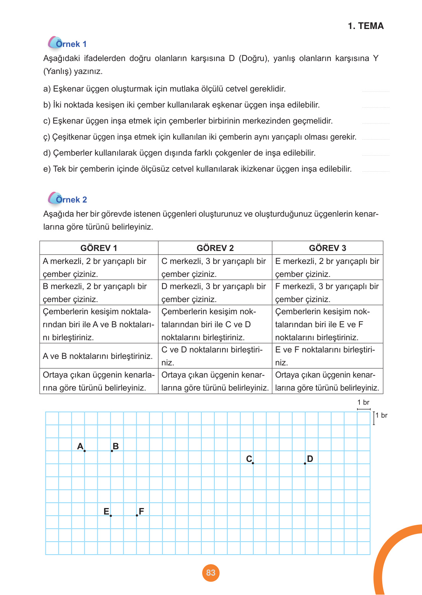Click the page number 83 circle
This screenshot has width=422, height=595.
211,572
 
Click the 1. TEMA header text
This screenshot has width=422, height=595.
366,26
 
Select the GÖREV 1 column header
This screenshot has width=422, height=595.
98,248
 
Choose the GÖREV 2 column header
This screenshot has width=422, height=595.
215,248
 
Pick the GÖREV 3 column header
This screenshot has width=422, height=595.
327,248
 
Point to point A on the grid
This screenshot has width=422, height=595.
84,451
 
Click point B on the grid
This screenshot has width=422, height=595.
112,451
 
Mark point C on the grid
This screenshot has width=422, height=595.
253,463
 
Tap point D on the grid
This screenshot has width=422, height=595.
305,463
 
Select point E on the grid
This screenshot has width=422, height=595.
111,516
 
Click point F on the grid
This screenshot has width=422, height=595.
137,515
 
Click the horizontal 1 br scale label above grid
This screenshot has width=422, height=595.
363,402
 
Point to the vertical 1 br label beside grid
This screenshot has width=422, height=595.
381,415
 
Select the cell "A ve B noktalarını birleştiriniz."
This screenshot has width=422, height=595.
98,356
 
